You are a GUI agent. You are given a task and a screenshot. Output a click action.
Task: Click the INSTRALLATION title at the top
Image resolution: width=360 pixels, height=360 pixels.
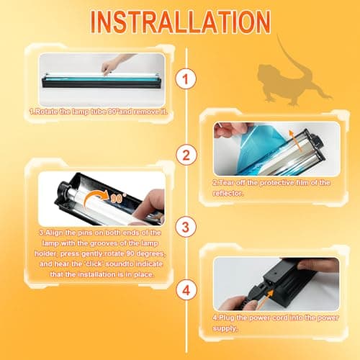pyautogui.click(x=181, y=22)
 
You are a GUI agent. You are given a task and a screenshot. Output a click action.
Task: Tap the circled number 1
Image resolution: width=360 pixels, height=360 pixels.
pyautogui.click(x=186, y=78)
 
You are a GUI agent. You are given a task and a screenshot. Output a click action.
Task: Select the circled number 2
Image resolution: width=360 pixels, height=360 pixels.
pyautogui.click(x=186, y=155)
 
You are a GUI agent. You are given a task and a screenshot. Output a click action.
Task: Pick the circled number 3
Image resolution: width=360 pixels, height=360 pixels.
pyautogui.click(x=186, y=227)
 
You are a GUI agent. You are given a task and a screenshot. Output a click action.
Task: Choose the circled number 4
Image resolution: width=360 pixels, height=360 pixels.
pyautogui.click(x=186, y=290)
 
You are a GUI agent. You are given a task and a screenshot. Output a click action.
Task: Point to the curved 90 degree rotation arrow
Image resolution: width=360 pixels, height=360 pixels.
pyautogui.click(x=96, y=198)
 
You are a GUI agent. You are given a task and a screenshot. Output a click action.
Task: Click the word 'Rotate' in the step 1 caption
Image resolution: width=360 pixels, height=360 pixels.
pyautogui.click(x=45, y=112)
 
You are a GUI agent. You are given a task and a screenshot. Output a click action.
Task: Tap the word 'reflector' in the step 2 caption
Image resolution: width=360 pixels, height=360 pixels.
pyautogui.click(x=227, y=193)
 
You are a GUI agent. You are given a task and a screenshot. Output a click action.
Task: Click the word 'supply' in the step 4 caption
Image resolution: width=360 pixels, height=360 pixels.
pyautogui.click(x=224, y=328)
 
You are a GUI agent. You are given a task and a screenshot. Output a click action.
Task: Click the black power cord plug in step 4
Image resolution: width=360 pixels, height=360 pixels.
pyautogui.click(x=252, y=294)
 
